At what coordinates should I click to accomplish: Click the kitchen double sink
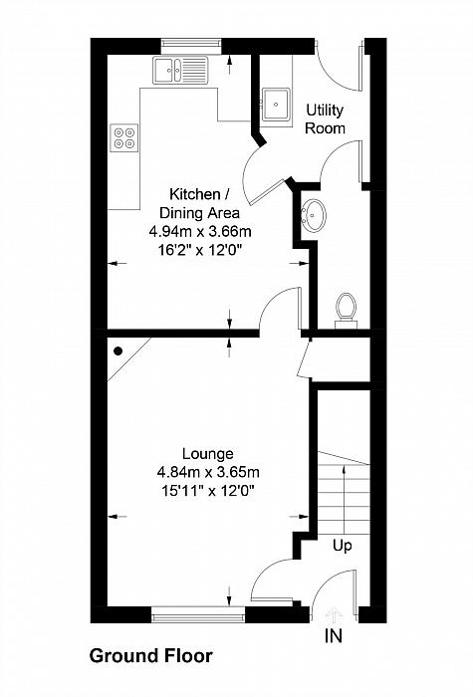pyautogui.click(x=178, y=70)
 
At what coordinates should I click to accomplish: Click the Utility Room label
pyautogui.click(x=326, y=118)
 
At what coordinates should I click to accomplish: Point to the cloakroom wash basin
pyautogui.click(x=314, y=215)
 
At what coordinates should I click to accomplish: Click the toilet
pyautogui.click(x=347, y=308)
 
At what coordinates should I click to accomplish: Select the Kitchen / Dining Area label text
pyautogui.click(x=200, y=203)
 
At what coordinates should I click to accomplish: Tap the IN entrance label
pyautogui.click(x=333, y=635)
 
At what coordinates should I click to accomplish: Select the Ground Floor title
pyautogui.click(x=150, y=656)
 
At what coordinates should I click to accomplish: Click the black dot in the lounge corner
pyautogui.click(x=118, y=350)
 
